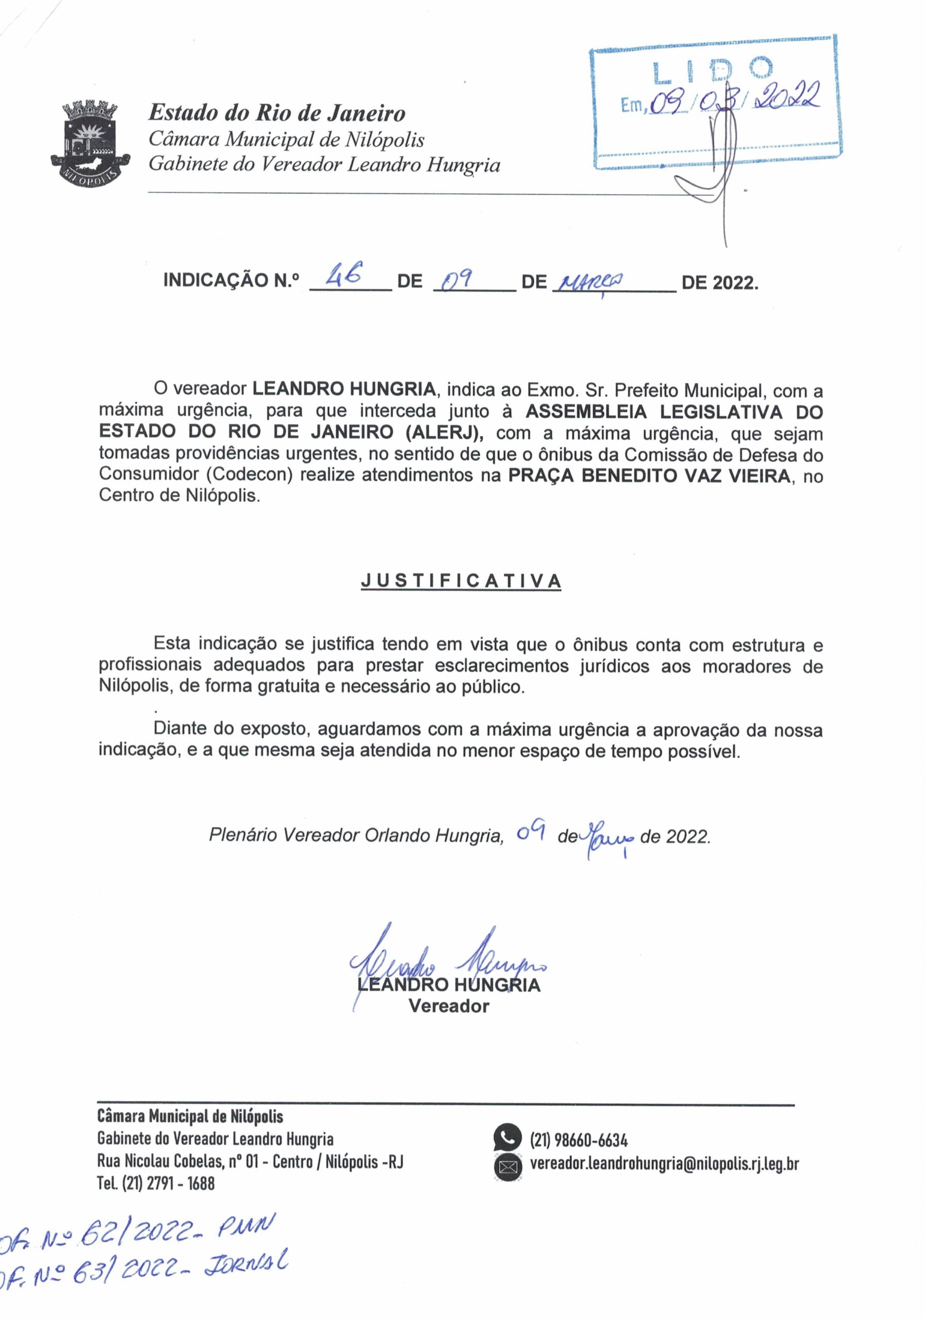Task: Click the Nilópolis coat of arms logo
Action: point(90,142)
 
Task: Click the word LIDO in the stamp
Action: point(713,70)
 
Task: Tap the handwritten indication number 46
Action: point(343,278)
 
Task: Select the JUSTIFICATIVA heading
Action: point(460,581)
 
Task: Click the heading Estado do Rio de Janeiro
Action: point(276,113)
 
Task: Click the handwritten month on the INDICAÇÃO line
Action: point(588,281)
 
